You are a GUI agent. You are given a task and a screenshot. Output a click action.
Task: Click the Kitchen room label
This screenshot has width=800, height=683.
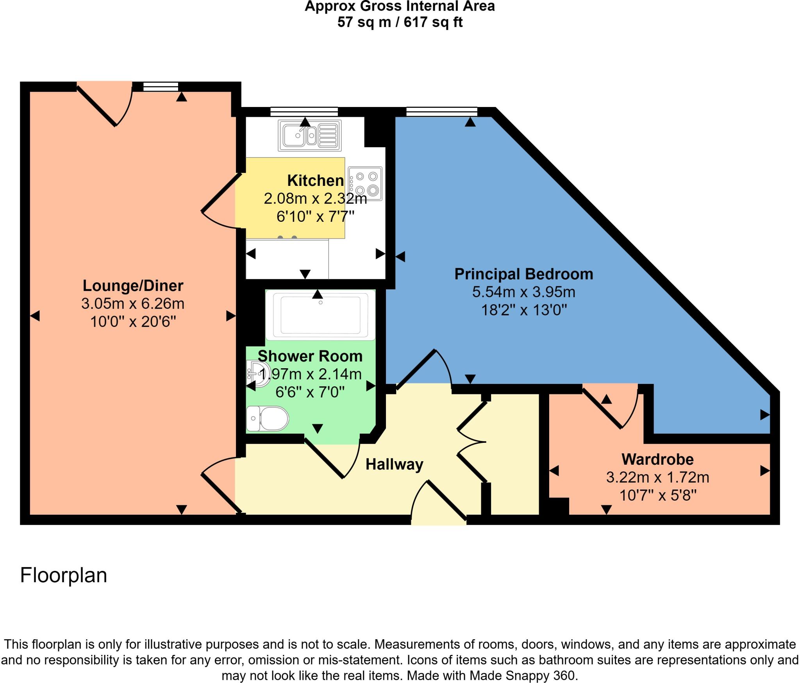[315, 181]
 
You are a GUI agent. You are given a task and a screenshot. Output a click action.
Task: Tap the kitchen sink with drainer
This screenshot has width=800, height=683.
[309, 136]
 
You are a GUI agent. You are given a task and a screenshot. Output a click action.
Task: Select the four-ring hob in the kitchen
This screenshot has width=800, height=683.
[365, 184]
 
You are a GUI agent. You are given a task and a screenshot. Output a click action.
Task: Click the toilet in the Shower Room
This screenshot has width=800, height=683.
[268, 419]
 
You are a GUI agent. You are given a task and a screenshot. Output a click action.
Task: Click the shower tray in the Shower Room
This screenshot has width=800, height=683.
[320, 315]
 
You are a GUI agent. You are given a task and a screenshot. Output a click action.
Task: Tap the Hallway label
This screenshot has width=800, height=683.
[394, 464]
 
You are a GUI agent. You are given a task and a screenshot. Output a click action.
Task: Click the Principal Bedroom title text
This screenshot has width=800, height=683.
[523, 274]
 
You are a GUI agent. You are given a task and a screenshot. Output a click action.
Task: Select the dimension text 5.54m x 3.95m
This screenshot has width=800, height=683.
[523, 292]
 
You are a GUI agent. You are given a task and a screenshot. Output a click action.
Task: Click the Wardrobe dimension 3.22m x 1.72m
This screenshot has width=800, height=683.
[657, 477]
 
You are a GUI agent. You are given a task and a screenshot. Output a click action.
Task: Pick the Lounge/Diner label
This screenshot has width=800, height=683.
[133, 286]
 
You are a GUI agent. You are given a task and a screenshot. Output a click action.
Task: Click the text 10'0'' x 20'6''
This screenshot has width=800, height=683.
[133, 322]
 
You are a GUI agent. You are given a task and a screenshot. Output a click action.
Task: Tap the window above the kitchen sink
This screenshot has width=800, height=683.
[304, 112]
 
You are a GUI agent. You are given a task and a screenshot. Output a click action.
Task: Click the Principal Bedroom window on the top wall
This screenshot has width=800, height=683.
[441, 112]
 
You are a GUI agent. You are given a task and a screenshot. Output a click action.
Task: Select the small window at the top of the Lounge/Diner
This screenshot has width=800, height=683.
[161, 86]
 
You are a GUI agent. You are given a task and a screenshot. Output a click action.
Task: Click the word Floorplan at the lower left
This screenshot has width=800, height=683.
[64, 575]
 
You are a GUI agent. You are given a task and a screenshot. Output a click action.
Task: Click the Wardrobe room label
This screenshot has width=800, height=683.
[657, 459]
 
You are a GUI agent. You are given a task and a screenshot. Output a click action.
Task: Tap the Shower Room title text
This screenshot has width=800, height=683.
[310, 356]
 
